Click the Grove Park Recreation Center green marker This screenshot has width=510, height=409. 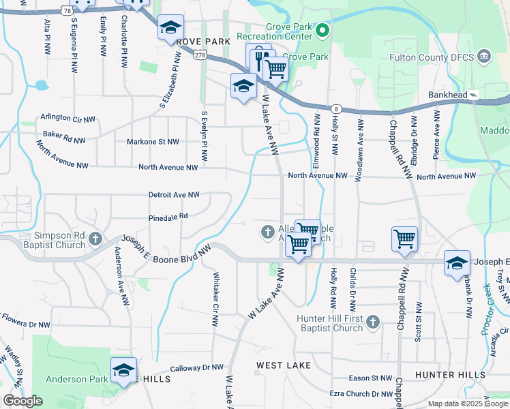pos(322,30)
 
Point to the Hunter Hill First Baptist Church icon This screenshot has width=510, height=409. pos(372,321)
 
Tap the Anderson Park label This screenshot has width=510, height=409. pos(76,379)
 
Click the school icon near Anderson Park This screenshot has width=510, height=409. pos(123,370)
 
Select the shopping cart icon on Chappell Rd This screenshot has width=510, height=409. pos(404,239)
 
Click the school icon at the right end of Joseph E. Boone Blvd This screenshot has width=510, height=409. pos(456,264)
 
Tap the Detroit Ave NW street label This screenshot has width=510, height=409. pos(175,195)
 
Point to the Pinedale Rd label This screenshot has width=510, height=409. pos(168,217)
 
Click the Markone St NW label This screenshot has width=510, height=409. pos(153,142)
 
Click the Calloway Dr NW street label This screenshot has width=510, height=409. pos(197,367)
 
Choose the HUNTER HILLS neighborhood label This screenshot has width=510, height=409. pos(450,375)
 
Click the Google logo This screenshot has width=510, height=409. pos(22,401)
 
